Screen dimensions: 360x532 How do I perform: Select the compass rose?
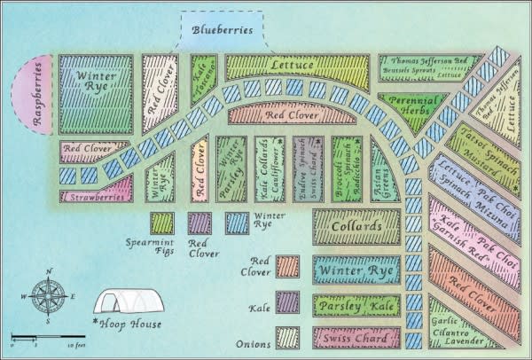coord(48,296)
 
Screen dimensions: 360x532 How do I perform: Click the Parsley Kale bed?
coord(356,306)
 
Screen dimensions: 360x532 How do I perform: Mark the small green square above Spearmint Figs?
coord(161,222)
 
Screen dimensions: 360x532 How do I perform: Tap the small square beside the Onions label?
coord(287,338)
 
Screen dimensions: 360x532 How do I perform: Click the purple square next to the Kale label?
coord(287,302)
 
